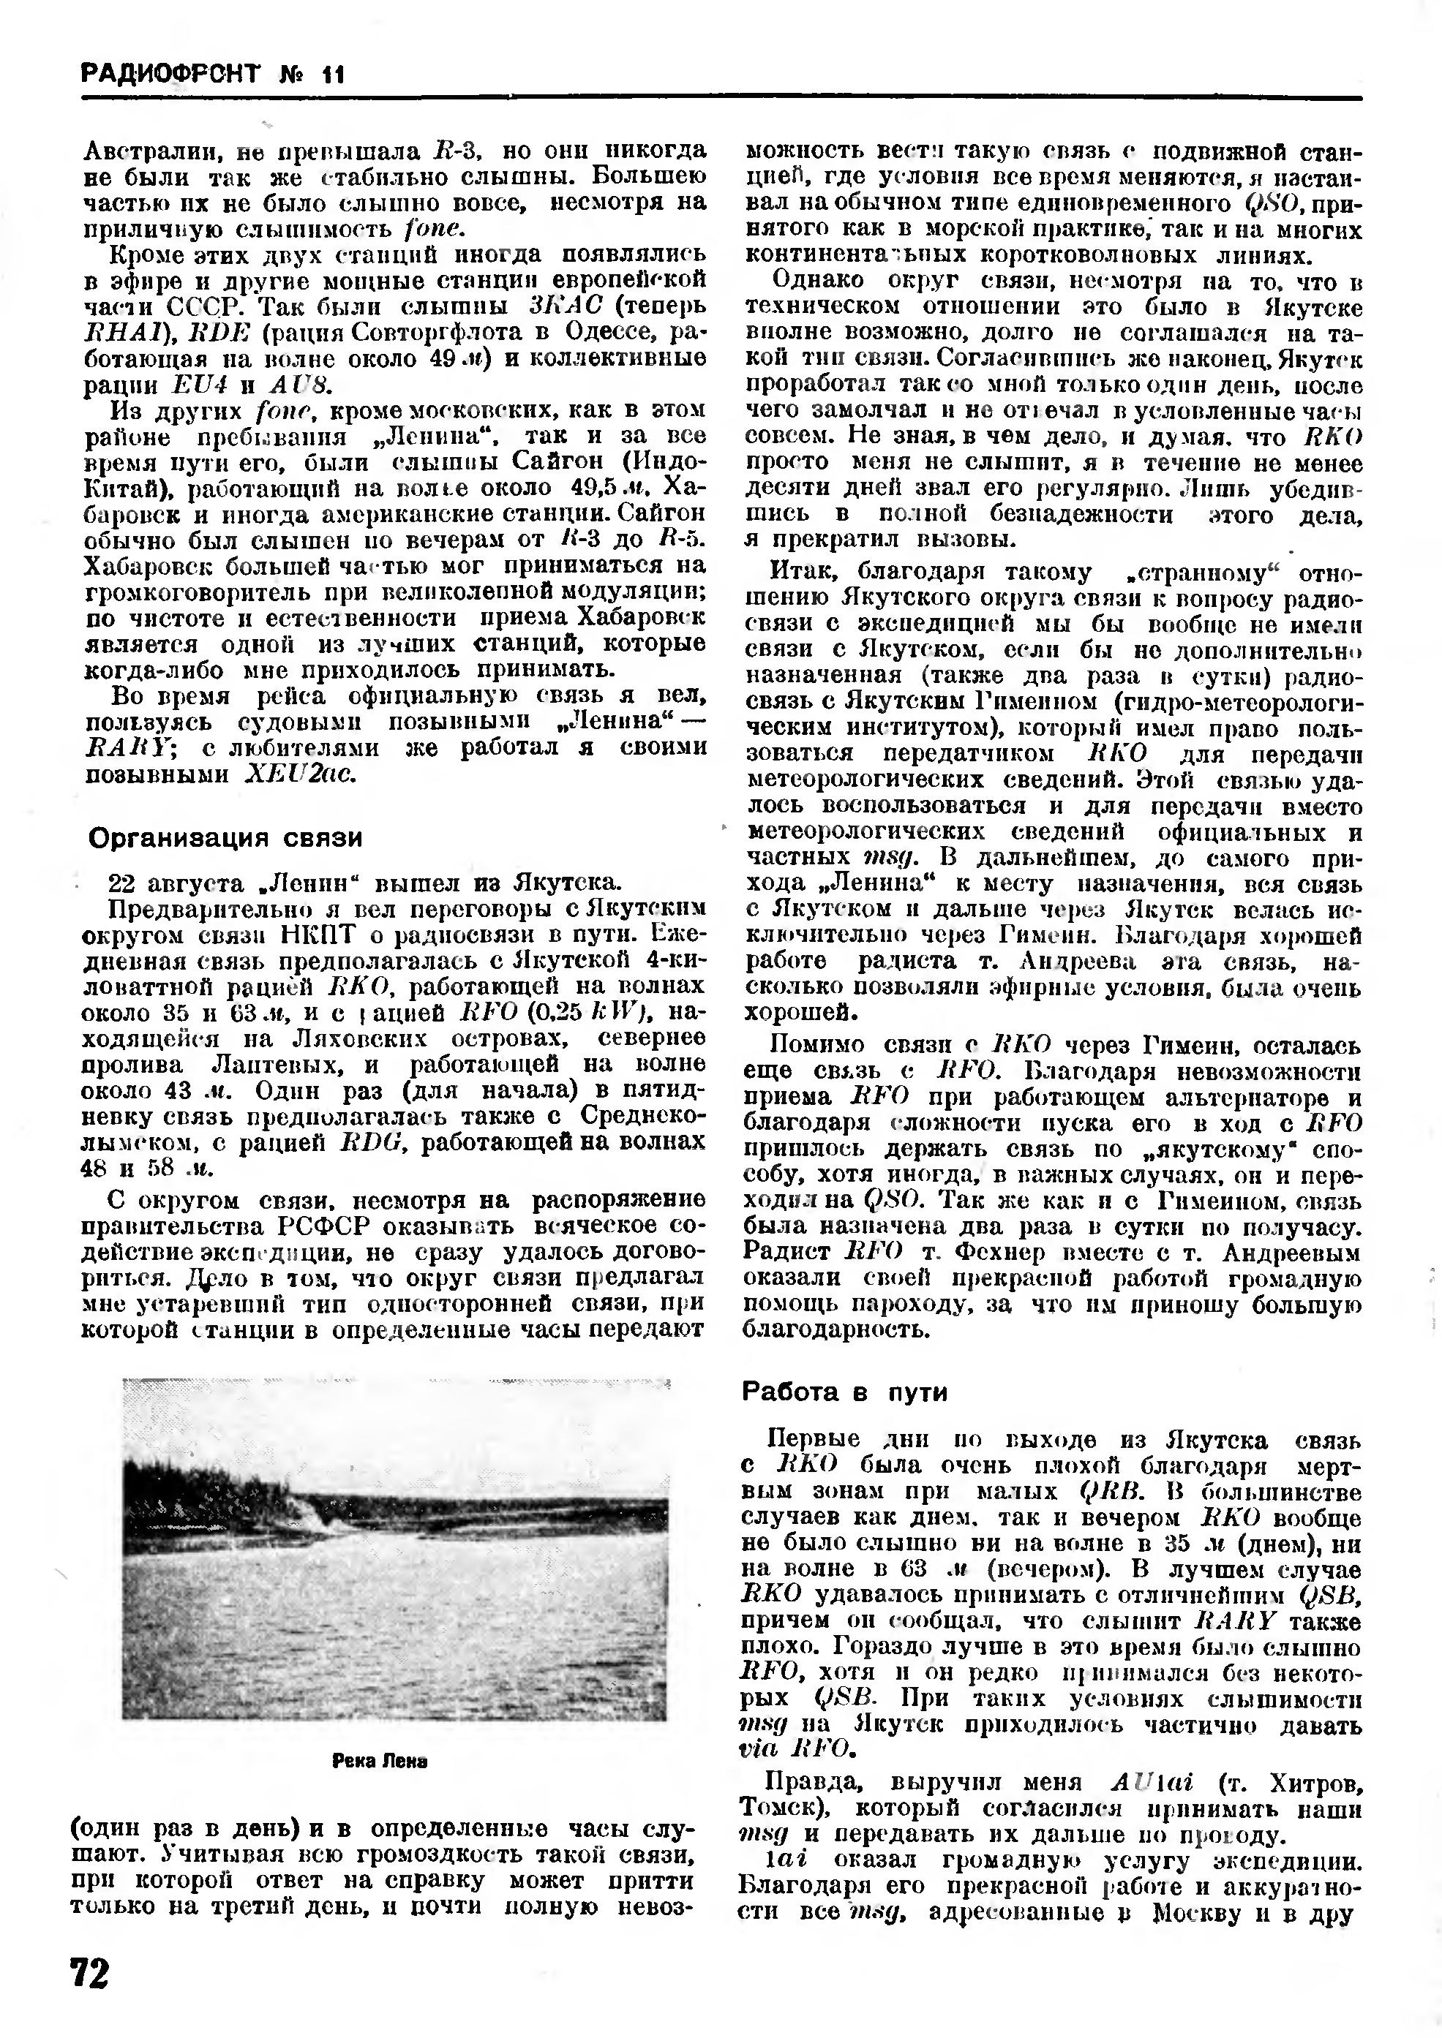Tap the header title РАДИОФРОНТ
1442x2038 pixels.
click(x=170, y=74)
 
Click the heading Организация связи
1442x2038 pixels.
click(x=225, y=838)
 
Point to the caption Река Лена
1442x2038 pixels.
click(x=380, y=1761)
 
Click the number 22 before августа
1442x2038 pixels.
click(x=121, y=883)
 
